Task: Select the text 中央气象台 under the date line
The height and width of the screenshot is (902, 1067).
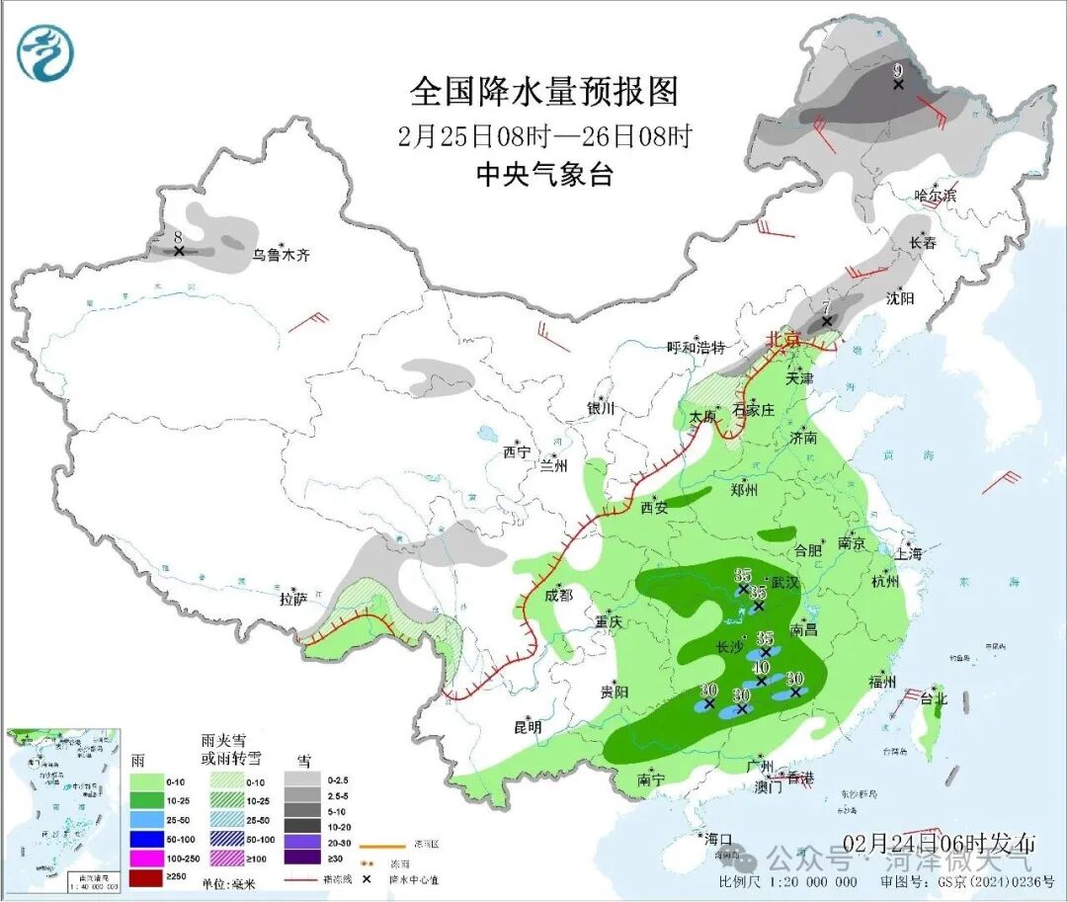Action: click(544, 175)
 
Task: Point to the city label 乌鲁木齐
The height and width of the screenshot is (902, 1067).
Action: click(281, 255)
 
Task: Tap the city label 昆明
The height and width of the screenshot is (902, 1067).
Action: click(528, 727)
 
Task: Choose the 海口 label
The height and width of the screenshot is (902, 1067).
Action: click(717, 839)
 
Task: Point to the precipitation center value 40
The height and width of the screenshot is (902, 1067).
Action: click(762, 668)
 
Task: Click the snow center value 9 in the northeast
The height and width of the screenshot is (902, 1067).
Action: click(898, 71)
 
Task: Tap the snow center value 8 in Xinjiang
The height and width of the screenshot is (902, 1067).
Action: click(178, 238)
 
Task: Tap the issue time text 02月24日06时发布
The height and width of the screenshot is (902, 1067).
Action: click(940, 843)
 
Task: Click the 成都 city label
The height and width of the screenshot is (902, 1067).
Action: click(558, 595)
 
